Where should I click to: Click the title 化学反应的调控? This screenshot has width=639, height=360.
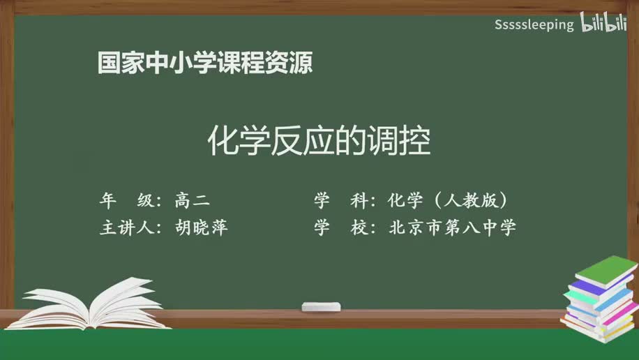click(319, 142)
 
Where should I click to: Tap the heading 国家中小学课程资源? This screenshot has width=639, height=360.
click(204, 63)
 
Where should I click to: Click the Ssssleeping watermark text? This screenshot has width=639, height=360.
click(534, 25)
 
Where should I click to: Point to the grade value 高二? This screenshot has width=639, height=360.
click(192, 201)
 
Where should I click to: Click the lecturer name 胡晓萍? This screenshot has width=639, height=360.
click(202, 227)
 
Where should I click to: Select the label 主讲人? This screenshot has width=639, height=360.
click(130, 227)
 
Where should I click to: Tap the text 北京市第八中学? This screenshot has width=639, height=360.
click(453, 227)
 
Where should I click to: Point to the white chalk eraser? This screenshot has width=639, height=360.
click(321, 306)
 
